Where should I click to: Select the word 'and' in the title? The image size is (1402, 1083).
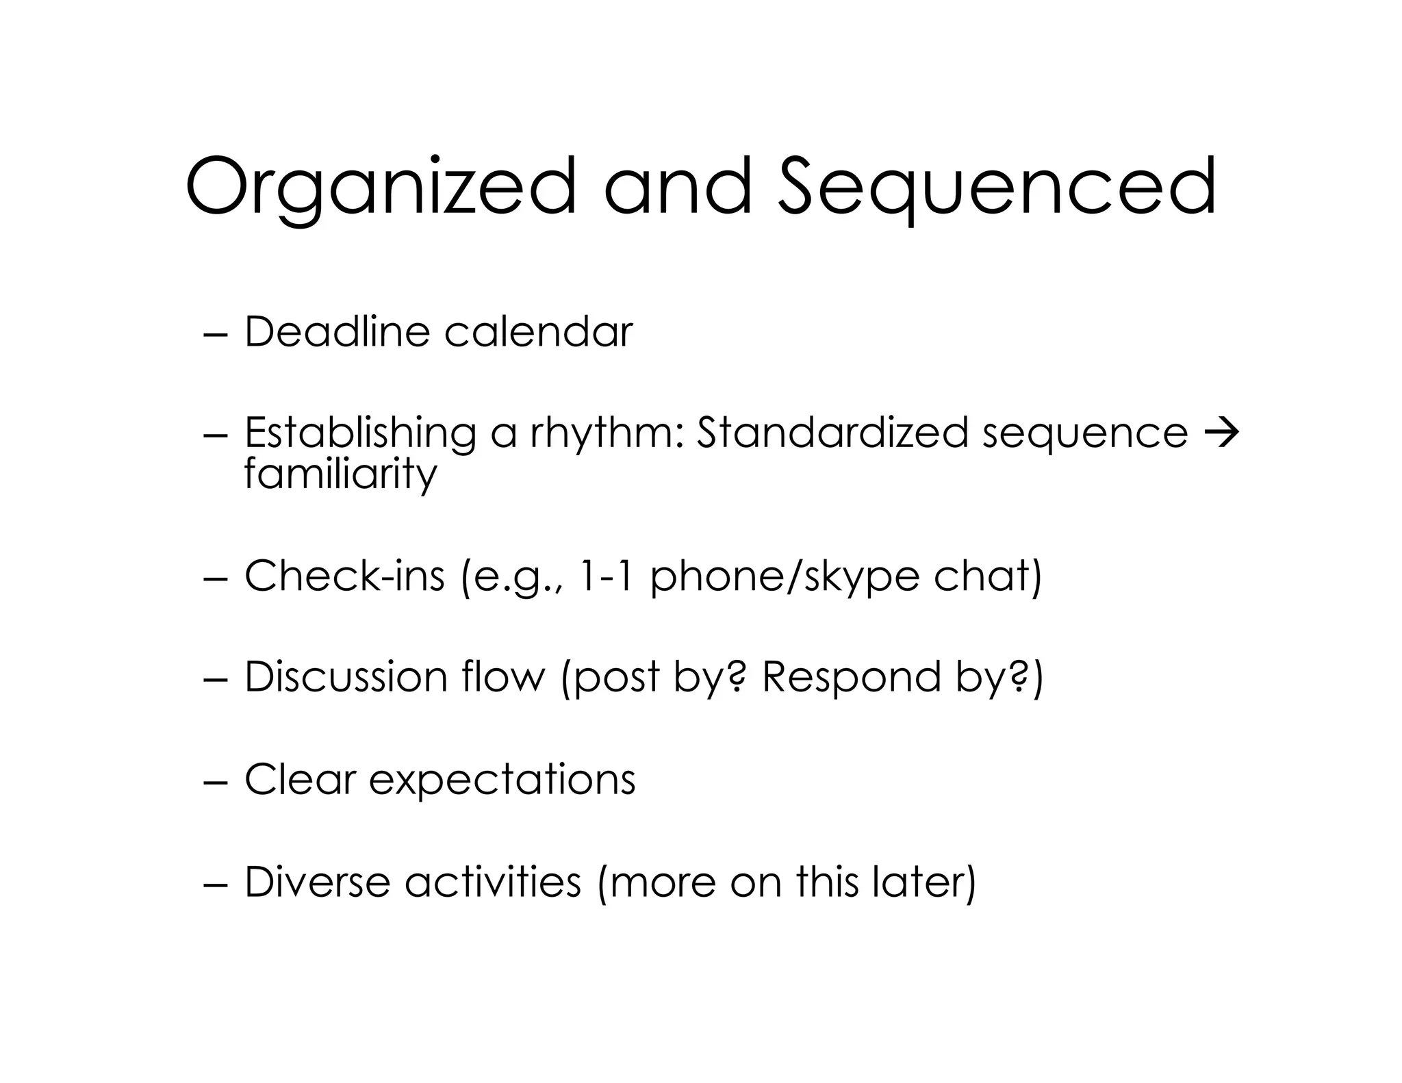pyautogui.click(x=677, y=186)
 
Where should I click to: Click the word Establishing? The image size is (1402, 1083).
pyautogui.click(x=360, y=433)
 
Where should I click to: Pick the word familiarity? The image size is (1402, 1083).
pyautogui.click(x=340, y=474)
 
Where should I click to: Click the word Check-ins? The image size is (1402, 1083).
pyautogui.click(x=344, y=576)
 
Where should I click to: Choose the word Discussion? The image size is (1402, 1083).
pyautogui.click(x=346, y=677)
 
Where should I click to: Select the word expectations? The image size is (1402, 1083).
pyautogui.click(x=502, y=780)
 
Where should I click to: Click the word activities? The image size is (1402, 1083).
pyautogui.click(x=493, y=882)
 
